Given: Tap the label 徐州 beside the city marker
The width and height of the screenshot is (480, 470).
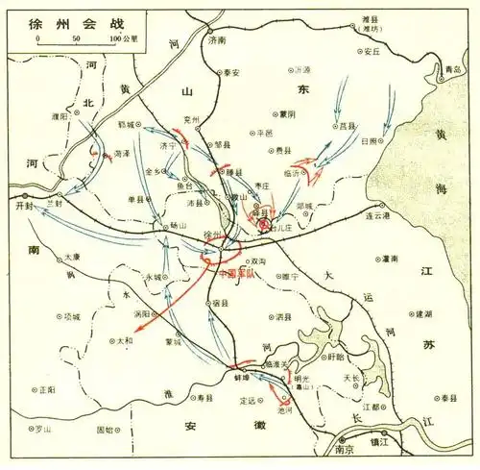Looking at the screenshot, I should point(213,235).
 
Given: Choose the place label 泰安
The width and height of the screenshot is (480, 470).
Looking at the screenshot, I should point(236,72).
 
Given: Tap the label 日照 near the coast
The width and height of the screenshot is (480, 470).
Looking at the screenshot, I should point(369,141).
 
